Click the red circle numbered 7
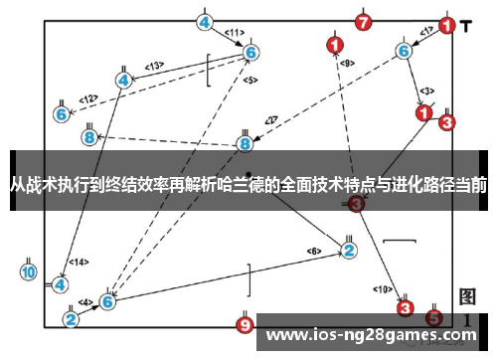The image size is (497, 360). coord(364,22)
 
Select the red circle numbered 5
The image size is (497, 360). coord(433,317)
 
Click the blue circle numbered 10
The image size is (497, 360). coord(29,270)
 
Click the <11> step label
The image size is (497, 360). coord(235,32)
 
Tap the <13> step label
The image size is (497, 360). coord(153,67)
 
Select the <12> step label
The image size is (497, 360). coord(89,98)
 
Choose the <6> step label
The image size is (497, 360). coord(315,250)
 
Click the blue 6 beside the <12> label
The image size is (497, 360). coord(62,114)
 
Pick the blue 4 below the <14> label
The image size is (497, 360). coord(61,283)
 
